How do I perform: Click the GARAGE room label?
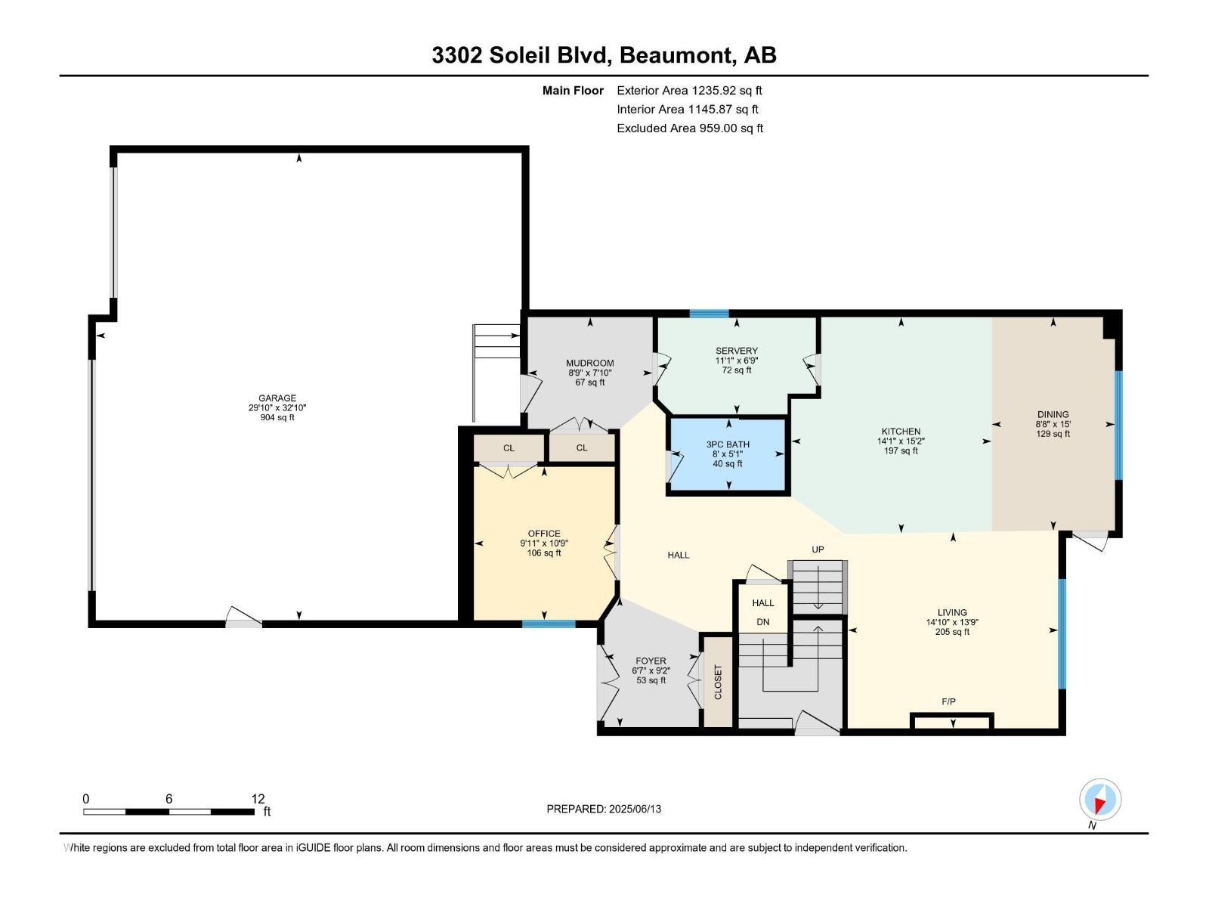click(277, 398)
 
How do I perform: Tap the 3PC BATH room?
click(728, 454)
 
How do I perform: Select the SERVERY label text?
click(736, 351)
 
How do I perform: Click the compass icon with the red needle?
click(1100, 800)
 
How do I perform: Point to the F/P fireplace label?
click(948, 701)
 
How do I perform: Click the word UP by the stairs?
click(818, 549)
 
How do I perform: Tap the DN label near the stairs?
click(762, 622)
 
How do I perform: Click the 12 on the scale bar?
click(258, 799)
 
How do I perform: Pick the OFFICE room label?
click(544, 534)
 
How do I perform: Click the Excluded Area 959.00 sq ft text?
click(689, 128)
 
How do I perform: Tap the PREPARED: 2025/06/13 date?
click(604, 809)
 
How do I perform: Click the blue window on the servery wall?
click(709, 314)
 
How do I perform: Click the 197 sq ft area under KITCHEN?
click(901, 451)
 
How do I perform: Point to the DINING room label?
click(1053, 414)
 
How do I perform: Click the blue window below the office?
click(549, 624)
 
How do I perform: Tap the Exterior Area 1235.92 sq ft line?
click(689, 91)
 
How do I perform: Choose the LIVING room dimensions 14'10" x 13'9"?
click(952, 623)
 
